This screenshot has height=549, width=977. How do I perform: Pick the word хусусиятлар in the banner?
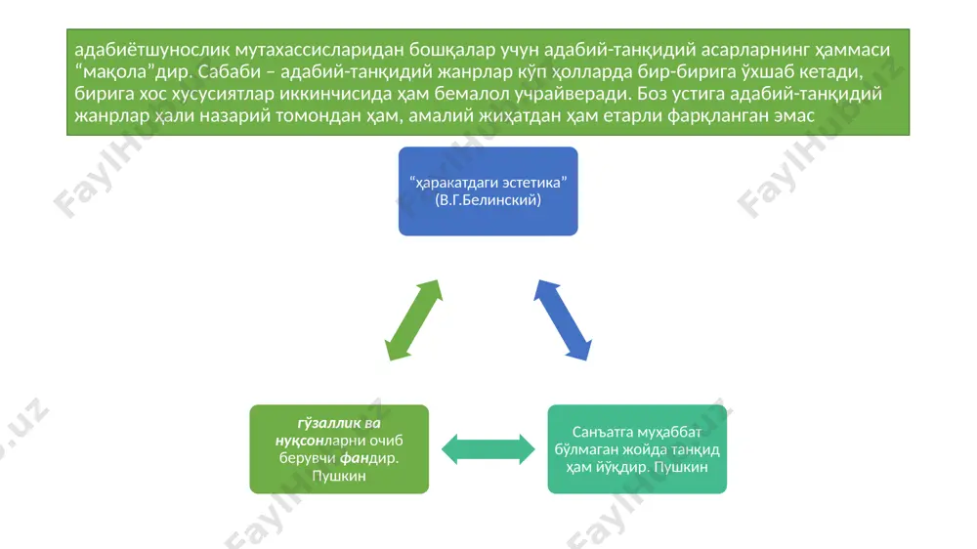[x=223, y=94]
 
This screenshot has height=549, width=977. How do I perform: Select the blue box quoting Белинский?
[x=488, y=191]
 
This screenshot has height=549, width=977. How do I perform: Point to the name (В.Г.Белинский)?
[x=488, y=200]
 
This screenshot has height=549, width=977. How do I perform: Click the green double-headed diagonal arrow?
[x=413, y=320]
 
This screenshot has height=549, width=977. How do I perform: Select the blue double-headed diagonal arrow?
[x=563, y=320]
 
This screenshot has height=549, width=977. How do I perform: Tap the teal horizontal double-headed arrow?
[x=488, y=449]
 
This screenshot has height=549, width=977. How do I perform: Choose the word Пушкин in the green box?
[x=339, y=476]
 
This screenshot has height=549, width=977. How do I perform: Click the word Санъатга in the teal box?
[x=601, y=432]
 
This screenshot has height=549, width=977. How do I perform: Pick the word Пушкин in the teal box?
[x=680, y=467]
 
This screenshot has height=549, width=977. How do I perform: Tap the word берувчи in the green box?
[x=307, y=458]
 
